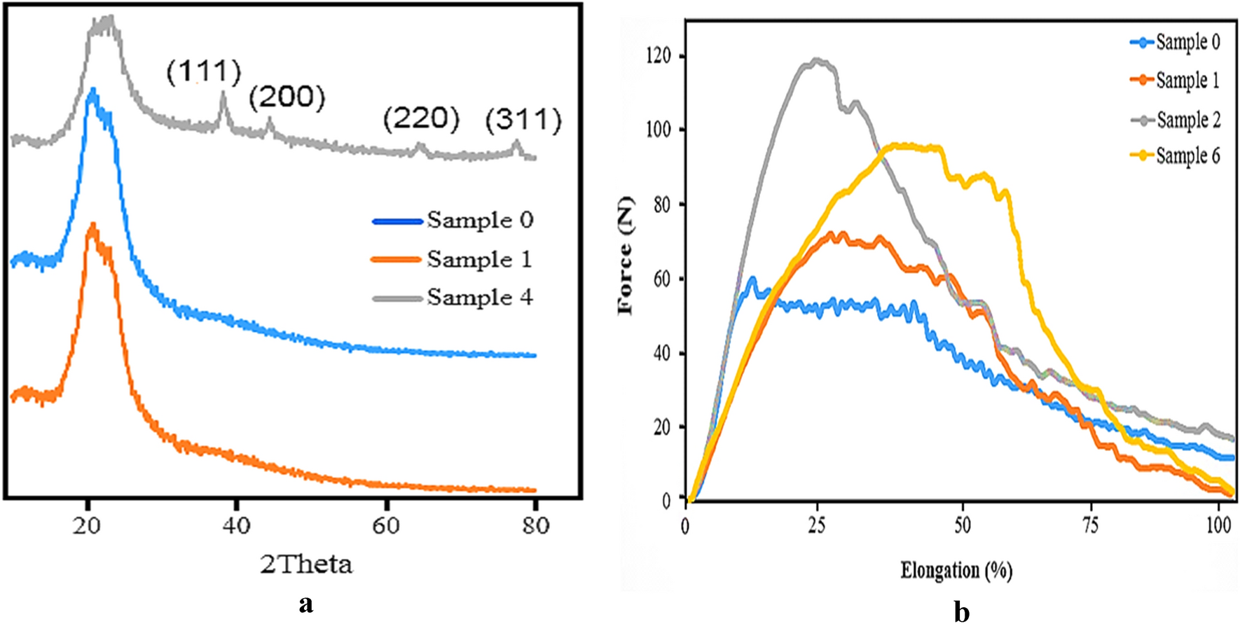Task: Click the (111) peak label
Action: (204, 72)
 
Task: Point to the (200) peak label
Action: (287, 97)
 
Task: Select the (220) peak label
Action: (421, 119)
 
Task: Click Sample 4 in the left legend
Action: (480, 298)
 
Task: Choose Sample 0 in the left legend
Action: (480, 221)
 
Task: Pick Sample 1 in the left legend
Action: (480, 260)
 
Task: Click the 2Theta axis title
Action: (306, 564)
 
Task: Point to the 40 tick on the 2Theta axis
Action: (237, 525)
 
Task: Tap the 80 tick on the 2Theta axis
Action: (535, 525)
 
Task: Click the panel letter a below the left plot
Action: (305, 603)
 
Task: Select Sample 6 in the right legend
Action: (1187, 155)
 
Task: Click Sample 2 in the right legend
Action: (1188, 120)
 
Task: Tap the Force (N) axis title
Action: (626, 256)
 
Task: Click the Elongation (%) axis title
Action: (957, 571)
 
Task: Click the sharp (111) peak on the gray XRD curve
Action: (223, 93)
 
